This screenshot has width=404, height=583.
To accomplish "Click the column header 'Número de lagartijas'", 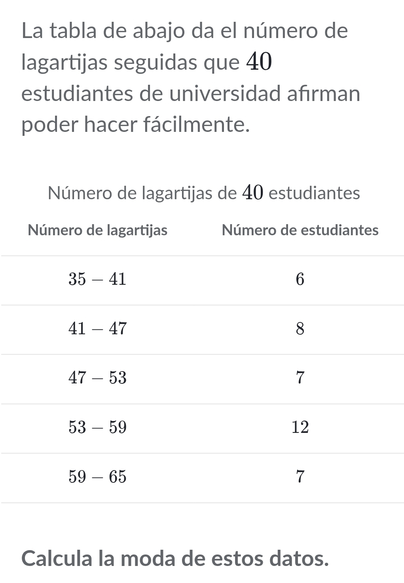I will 98,230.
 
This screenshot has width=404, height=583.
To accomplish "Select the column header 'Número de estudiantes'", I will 300,230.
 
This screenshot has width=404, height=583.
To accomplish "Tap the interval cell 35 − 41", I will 97,280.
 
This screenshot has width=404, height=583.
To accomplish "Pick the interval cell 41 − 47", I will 97,329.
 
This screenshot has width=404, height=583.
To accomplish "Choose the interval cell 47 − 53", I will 97,378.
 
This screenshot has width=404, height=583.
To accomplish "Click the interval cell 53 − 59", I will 97,427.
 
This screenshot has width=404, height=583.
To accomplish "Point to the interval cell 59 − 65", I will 97,477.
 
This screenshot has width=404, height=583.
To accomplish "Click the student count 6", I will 300,280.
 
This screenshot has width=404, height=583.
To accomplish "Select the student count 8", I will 300,329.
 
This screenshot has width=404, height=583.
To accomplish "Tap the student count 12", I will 300,427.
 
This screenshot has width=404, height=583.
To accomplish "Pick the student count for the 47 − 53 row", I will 300,378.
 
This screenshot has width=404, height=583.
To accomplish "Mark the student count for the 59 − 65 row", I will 300,477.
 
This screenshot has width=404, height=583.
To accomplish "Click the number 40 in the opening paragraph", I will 259,62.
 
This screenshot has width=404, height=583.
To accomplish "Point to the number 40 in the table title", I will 252,193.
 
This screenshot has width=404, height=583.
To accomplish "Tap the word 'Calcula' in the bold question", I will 58,558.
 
